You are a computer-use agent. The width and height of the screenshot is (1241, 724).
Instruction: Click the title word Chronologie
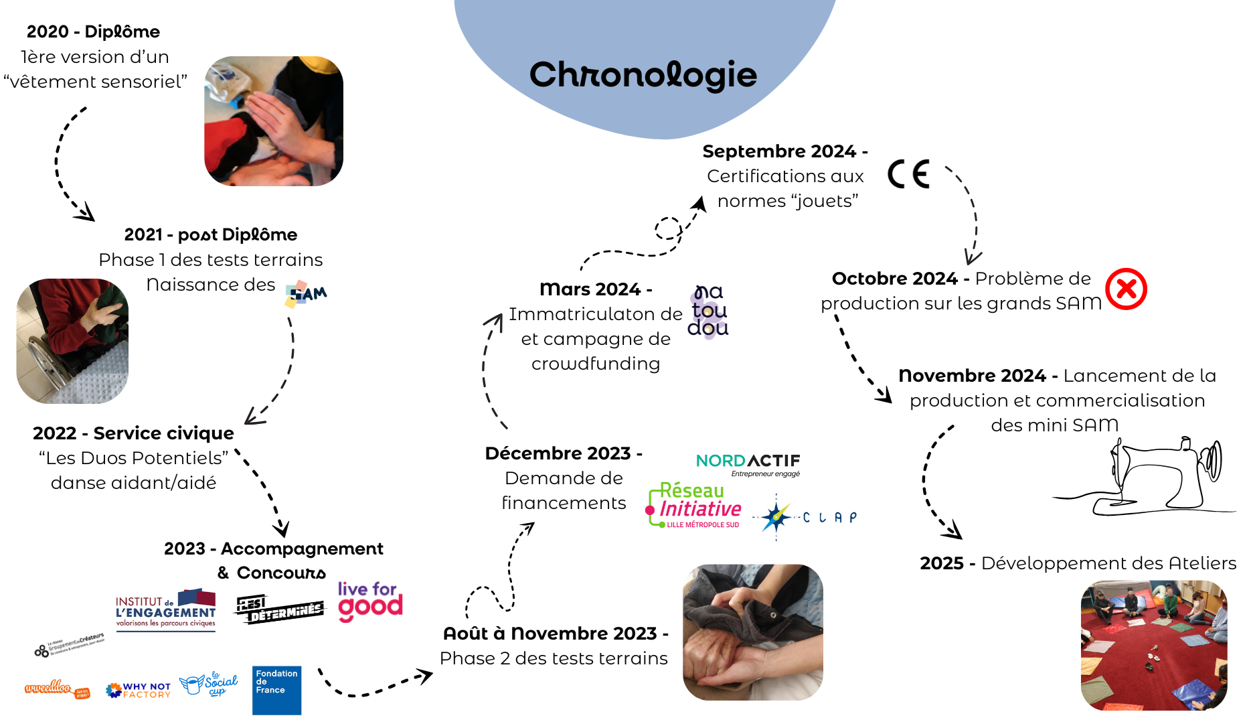click(643, 74)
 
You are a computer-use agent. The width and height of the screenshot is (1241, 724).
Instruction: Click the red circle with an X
click(1126, 289)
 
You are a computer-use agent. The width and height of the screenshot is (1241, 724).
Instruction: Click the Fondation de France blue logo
click(276, 689)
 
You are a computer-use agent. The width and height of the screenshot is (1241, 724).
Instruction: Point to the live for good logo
click(369, 601)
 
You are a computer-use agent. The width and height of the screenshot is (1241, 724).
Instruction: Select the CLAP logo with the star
click(803, 517)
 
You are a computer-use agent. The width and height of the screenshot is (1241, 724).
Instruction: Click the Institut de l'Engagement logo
click(165, 610)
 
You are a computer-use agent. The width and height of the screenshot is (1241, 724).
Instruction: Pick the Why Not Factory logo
click(139, 690)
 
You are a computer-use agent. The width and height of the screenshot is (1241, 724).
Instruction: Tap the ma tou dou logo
click(708, 311)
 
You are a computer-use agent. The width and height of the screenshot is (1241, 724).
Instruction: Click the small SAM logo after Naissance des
click(306, 293)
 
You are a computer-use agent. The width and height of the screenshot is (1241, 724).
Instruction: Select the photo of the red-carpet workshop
click(1153, 645)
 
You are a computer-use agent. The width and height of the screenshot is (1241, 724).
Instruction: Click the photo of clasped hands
click(752, 632)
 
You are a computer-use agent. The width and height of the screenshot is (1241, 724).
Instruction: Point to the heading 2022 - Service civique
click(133, 433)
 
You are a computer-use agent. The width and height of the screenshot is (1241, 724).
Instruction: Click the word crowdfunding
click(595, 364)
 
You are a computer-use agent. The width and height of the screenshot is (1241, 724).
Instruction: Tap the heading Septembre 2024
click(784, 151)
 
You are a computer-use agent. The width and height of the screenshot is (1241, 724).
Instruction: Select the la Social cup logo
click(210, 684)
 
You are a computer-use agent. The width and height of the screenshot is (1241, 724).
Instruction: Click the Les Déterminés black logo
click(279, 608)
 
